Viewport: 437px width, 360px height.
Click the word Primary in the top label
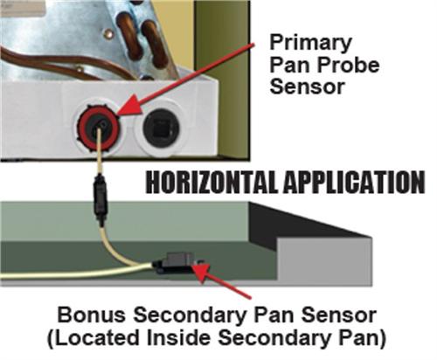click(310, 44)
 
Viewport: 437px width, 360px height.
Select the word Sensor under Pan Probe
click(308, 87)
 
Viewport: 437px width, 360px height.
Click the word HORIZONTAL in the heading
click(212, 182)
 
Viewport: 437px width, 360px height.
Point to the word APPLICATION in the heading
click(354, 182)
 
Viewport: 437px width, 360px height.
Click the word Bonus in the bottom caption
click(92, 315)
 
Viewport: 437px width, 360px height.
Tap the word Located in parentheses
click(94, 338)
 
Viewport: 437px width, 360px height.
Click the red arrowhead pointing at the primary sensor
click(128, 108)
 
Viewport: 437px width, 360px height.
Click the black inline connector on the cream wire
click(100, 200)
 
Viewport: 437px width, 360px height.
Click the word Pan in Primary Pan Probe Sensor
click(290, 65)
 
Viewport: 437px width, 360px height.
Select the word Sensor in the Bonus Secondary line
click(338, 315)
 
